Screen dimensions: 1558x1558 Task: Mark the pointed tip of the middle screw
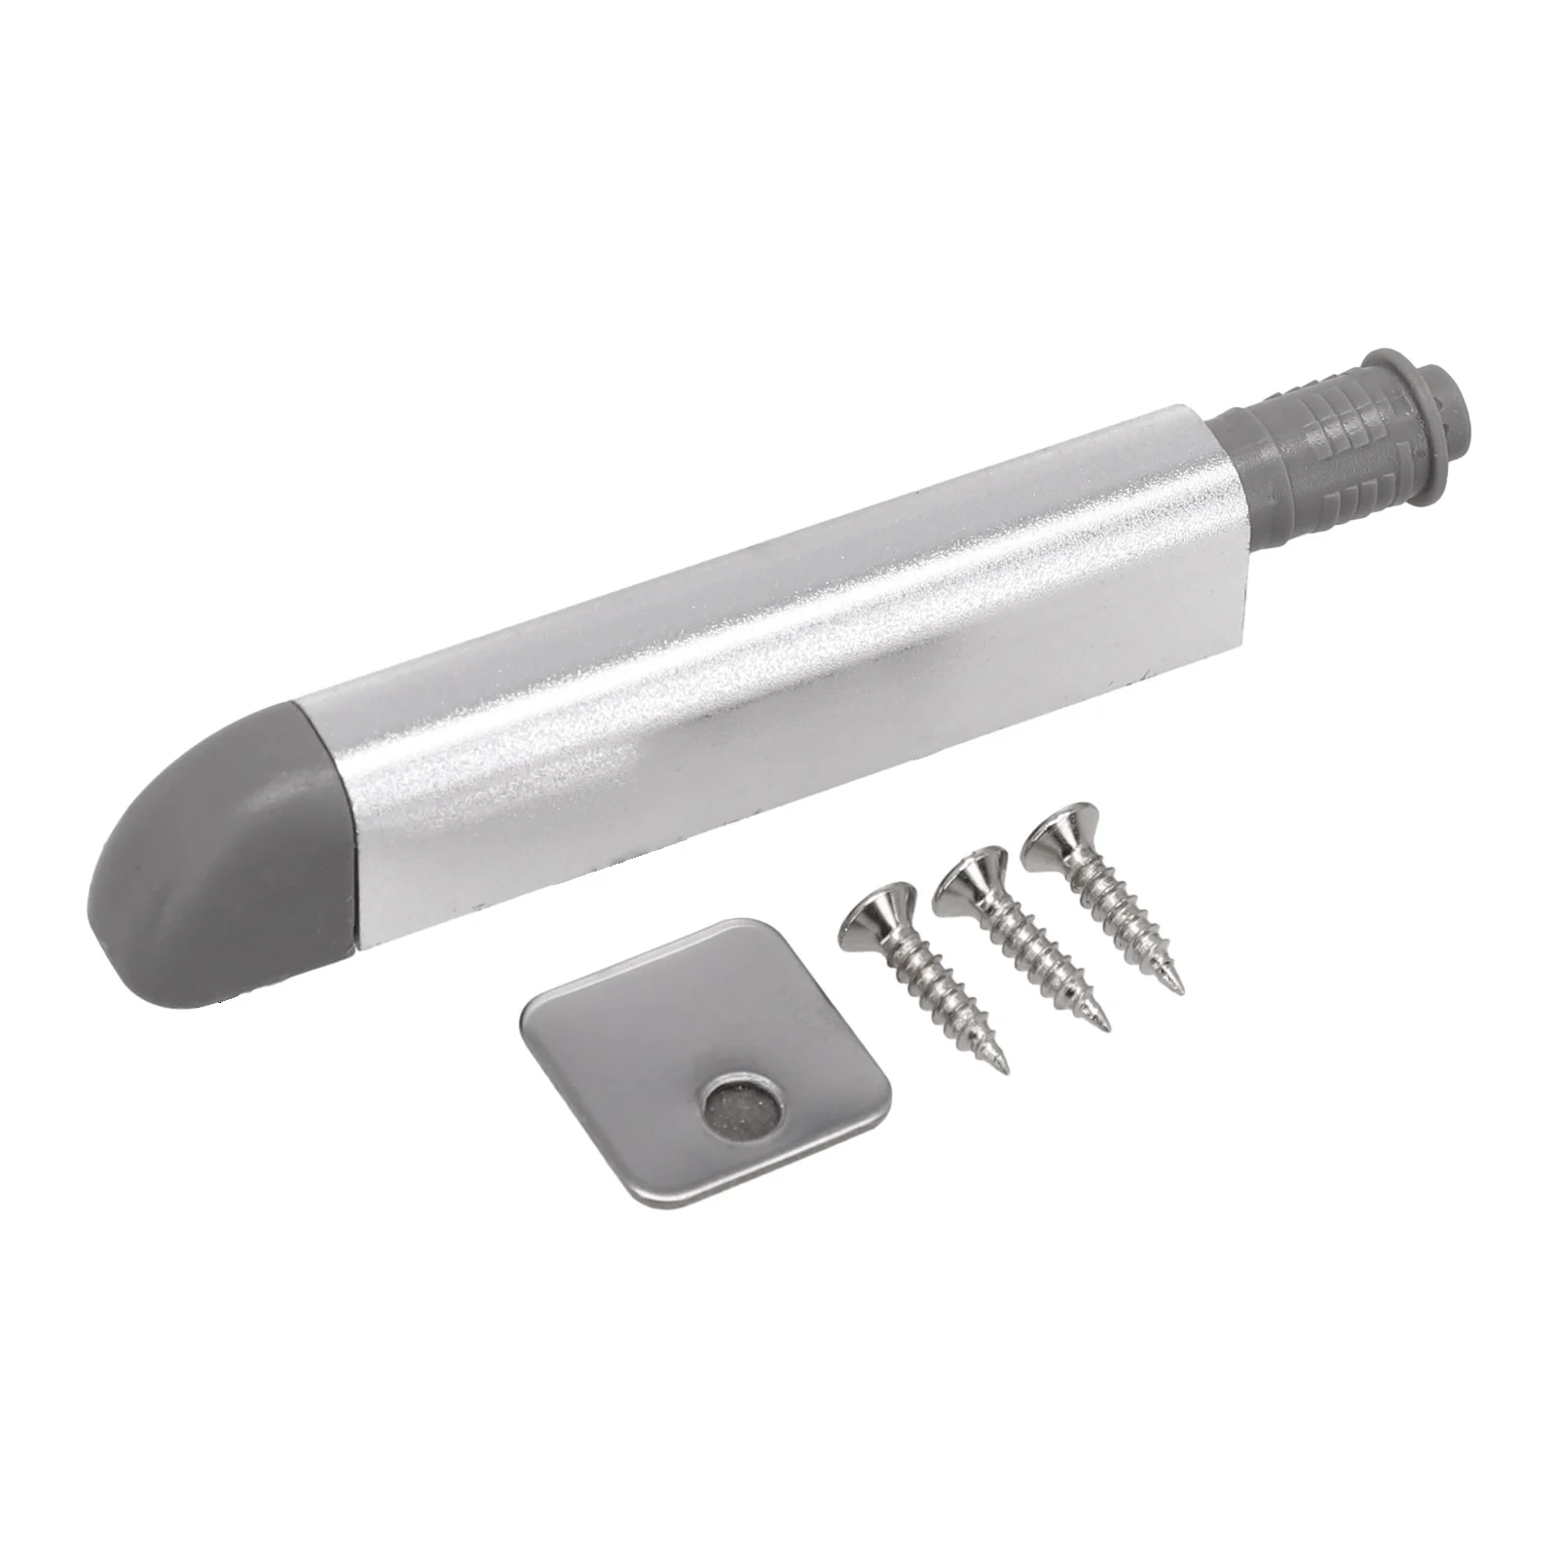pos(1105,1028)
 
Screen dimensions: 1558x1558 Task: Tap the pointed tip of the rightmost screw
pos(1181,990)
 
